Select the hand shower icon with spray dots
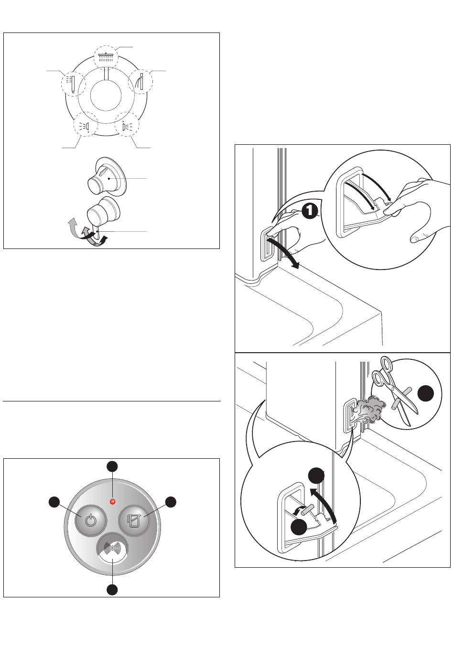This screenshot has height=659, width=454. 72,84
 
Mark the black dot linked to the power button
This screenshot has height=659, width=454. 54,502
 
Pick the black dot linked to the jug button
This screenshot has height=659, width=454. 171,502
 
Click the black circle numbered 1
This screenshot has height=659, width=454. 310,211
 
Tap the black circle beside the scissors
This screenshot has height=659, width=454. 426,393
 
